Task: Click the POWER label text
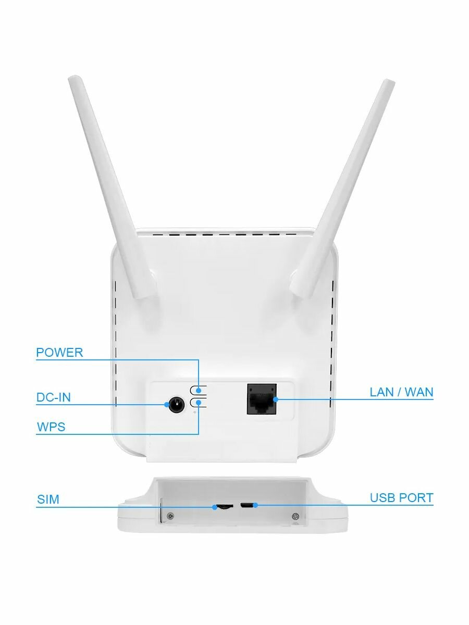click(59, 353)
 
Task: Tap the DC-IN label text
click(54, 398)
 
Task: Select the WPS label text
click(51, 428)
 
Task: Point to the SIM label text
click(48, 500)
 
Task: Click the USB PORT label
click(401, 498)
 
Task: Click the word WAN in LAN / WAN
click(419, 392)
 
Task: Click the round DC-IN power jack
click(176, 404)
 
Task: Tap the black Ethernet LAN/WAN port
click(262, 399)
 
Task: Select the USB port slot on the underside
click(249, 505)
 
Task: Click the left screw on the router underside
click(171, 517)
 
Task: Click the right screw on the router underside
click(295, 516)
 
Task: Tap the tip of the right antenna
click(389, 83)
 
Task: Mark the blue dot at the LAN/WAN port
click(276, 399)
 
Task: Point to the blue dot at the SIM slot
click(215, 507)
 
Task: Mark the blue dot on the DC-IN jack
click(167, 405)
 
